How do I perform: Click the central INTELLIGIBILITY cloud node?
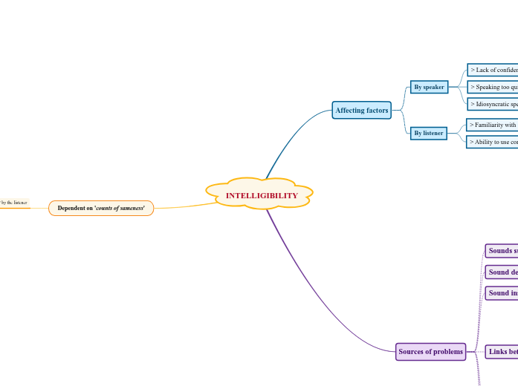pos(261,195)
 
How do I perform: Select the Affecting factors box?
pos(361,111)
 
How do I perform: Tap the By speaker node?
pos(429,87)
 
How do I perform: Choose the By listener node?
pos(428,133)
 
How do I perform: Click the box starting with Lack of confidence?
pos(493,70)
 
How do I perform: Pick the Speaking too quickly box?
pos(493,87)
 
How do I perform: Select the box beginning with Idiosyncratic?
pos(493,104)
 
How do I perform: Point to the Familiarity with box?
pos(492,125)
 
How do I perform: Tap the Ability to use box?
pos(492,141)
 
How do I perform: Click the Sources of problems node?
pos(430,352)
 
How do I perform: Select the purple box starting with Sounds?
pos(502,251)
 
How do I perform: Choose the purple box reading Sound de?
pos(502,272)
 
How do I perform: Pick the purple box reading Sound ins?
pos(502,293)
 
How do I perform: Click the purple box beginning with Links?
pos(502,351)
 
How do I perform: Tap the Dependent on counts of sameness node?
pos(101,208)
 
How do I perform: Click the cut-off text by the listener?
pos(13,202)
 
